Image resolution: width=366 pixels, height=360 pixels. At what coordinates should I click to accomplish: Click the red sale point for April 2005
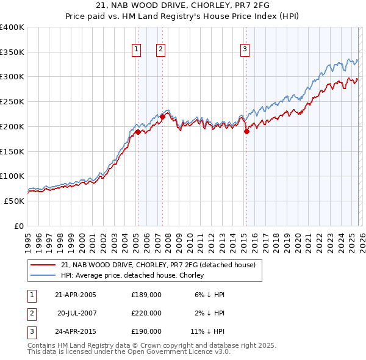point(138,132)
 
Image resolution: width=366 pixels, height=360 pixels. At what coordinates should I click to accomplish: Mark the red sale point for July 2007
point(162,116)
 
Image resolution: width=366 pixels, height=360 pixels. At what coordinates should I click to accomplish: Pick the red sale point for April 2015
point(246,131)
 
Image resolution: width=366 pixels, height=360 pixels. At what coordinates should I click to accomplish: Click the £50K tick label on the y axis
point(14,201)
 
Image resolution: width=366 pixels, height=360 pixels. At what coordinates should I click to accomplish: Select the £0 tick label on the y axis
point(19,226)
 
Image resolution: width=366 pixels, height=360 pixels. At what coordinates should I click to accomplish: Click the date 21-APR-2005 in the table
point(76,295)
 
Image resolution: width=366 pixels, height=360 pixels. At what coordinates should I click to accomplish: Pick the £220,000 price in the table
point(146,313)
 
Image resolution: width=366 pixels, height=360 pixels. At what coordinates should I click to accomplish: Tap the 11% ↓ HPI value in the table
point(207,331)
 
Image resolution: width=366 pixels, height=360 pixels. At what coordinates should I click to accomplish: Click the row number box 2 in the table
point(31,313)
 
